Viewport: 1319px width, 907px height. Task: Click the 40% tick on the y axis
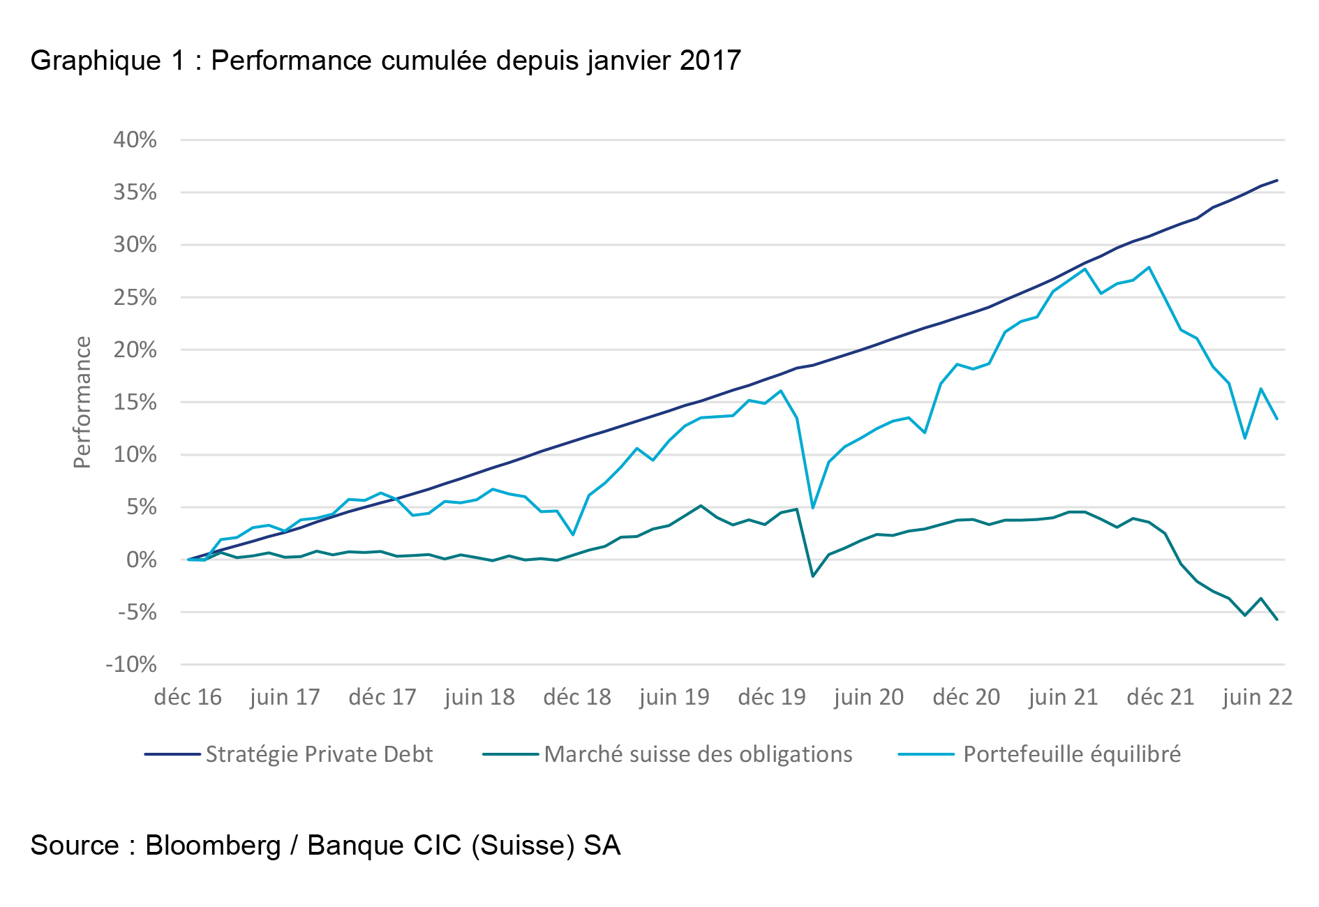(x=135, y=140)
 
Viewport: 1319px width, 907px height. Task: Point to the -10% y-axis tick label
(x=131, y=664)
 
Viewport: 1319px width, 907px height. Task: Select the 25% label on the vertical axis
(x=135, y=298)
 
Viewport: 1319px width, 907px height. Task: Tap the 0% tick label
(x=142, y=560)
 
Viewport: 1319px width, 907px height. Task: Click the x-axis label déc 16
(x=188, y=697)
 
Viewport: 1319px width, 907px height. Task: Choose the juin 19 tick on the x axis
(x=674, y=697)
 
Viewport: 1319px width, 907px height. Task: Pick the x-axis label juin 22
(x=1258, y=697)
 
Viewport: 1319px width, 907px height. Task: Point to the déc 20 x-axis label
(x=966, y=697)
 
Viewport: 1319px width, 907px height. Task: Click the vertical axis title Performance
(x=82, y=403)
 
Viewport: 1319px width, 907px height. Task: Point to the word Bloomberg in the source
(x=213, y=846)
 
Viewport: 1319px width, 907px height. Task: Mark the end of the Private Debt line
(x=1277, y=180)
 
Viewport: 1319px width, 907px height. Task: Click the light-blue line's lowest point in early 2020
(x=813, y=508)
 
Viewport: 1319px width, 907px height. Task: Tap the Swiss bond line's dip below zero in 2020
(x=813, y=576)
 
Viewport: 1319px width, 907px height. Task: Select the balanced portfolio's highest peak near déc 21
(x=1149, y=267)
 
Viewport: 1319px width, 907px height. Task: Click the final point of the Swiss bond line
(x=1277, y=620)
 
